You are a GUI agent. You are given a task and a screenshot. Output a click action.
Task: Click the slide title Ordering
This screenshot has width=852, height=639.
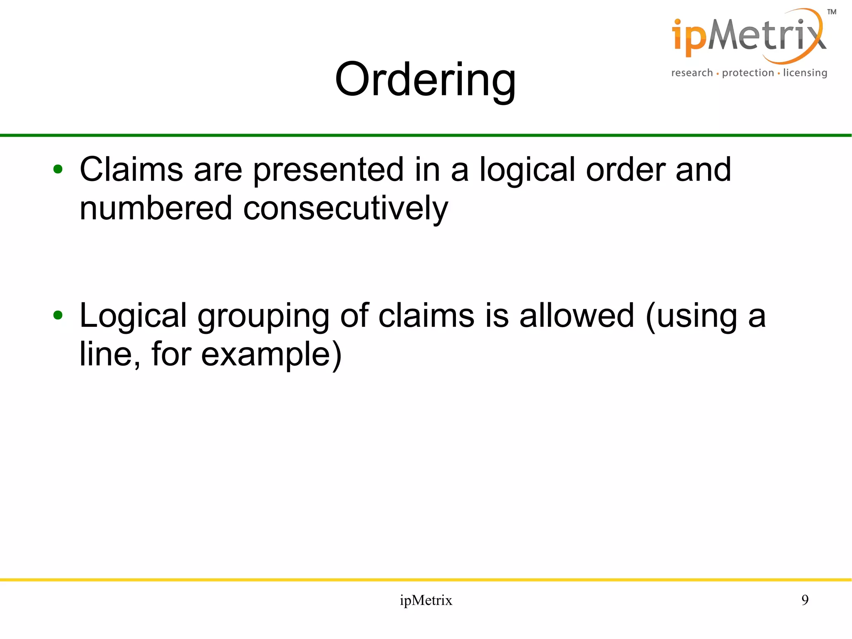tap(425, 79)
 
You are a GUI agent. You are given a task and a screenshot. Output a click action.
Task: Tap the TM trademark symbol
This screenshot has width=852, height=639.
tap(832, 12)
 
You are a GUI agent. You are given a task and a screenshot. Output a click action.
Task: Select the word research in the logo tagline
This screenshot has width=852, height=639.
tap(692, 73)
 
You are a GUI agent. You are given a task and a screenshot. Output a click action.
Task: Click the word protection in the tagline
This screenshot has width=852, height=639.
tap(748, 73)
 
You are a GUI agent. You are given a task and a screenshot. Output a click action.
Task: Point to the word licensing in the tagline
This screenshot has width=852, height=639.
tap(805, 73)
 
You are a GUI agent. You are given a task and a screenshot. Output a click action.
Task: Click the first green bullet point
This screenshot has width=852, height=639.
tap(58, 169)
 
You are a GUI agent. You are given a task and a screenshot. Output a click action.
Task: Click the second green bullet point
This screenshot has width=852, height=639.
tap(58, 315)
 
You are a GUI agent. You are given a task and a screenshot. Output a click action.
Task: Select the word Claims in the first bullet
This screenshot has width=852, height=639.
tap(131, 169)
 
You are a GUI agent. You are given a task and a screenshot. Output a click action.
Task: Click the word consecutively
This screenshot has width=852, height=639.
tap(345, 208)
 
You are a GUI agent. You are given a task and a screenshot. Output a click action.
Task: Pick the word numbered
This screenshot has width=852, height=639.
tap(156, 208)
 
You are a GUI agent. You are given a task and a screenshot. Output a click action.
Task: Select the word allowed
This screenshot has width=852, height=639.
tap(577, 315)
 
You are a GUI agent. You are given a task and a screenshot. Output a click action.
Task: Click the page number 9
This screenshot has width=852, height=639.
tap(805, 600)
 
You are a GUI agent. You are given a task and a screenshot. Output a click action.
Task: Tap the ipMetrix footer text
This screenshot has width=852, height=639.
tap(426, 600)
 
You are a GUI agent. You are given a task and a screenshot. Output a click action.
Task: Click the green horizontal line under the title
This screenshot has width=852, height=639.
tap(426, 135)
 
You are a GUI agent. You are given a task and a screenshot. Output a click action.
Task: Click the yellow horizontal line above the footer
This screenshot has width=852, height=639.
tap(426, 579)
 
